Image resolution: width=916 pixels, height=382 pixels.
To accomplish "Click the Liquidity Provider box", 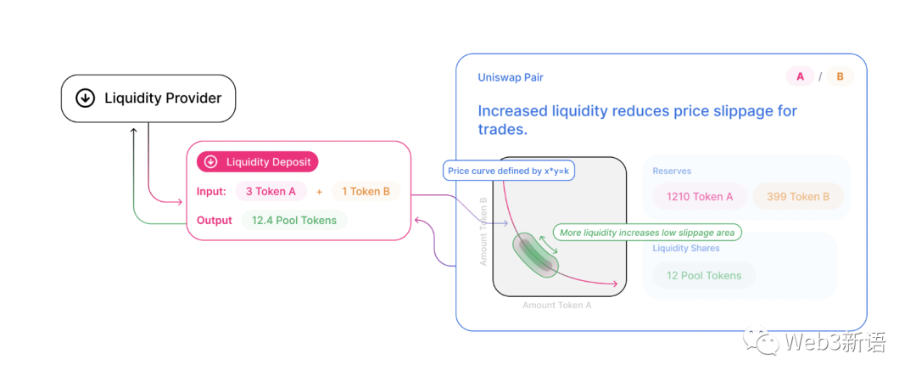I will pos(148,98).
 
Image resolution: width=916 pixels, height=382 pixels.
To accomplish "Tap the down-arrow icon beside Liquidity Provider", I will pos(85,98).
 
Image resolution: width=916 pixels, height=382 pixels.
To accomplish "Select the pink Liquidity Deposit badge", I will pos(258,162).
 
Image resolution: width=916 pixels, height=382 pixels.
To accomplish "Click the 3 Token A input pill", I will pos(271,192).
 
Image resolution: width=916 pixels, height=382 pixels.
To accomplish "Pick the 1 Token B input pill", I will pos(366,192).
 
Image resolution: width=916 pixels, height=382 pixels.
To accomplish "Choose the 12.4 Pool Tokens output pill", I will pos(294,221).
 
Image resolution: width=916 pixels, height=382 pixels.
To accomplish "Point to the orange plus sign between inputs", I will pos(319,192).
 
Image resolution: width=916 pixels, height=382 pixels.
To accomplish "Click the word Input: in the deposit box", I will pos(211,192).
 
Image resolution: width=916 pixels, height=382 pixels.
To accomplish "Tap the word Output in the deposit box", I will pos(215,221).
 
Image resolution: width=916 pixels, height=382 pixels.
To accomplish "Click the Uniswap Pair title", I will pos(511,77).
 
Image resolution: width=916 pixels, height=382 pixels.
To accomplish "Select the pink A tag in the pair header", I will pos(800,77).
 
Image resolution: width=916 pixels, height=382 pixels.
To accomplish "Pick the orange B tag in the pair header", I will pos(840,77).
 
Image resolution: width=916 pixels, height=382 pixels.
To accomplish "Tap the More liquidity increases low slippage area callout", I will pos(648,232).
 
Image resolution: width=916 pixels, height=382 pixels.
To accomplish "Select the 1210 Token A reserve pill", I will pos(700,197).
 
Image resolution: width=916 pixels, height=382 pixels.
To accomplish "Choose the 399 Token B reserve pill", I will pos(797,197).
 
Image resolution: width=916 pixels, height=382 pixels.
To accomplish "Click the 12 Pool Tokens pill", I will pos(703,276).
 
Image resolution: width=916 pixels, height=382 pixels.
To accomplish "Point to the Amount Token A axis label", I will pos(557,305).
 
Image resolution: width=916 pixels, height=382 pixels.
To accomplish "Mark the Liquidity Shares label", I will pos(686,249).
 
